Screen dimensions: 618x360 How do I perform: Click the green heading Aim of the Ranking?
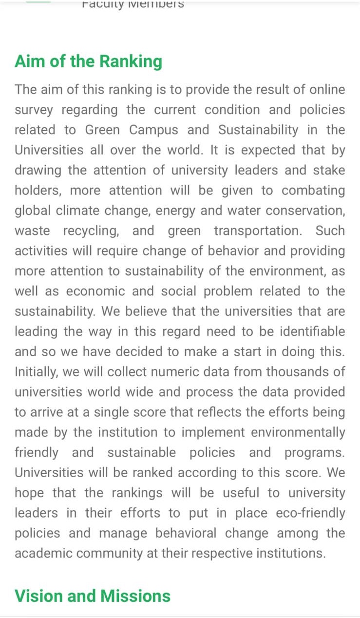tap(88, 62)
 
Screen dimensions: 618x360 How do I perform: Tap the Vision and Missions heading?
tap(93, 596)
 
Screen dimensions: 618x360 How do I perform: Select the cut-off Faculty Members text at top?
tap(133, 4)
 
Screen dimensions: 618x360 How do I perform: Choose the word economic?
tap(97, 291)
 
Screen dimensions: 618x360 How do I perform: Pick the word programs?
tap(314, 452)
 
